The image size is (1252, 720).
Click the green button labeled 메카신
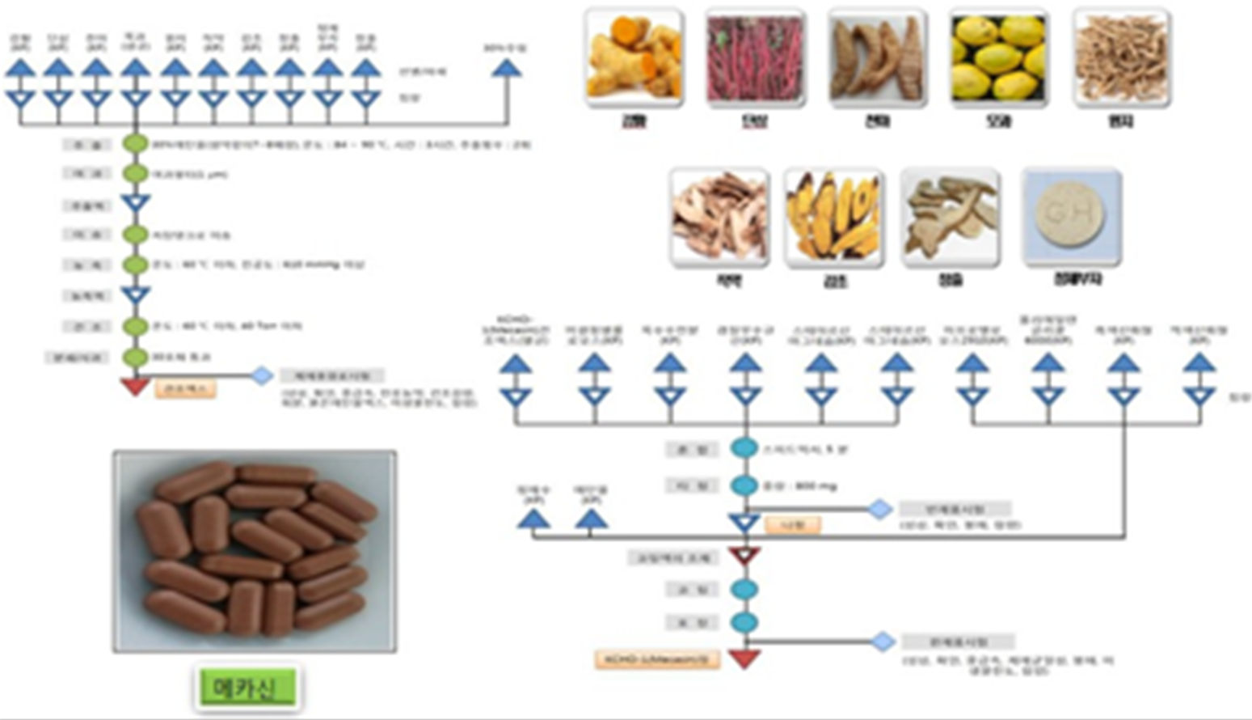click(248, 688)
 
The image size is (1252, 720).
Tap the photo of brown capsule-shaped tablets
click(255, 551)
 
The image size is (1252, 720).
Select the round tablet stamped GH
click(1071, 217)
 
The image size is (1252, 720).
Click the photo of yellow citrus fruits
click(998, 57)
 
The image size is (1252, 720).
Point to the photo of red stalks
click(755, 57)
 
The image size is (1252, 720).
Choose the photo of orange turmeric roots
click(634, 57)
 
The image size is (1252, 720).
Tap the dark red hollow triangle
click(744, 556)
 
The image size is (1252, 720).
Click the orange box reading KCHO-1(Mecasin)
click(657, 659)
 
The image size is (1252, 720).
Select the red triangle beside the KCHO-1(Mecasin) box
click(744, 659)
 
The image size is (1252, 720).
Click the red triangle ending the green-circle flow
click(135, 387)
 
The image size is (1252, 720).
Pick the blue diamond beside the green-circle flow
click(261, 376)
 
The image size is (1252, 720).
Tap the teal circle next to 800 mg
click(744, 485)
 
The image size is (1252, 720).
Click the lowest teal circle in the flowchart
click(744, 622)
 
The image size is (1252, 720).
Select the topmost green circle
click(135, 145)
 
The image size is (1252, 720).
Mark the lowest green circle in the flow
click(135, 357)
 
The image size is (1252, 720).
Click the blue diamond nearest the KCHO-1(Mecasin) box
click(883, 642)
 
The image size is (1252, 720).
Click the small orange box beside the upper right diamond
click(793, 525)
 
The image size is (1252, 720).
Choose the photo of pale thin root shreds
click(1121, 57)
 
